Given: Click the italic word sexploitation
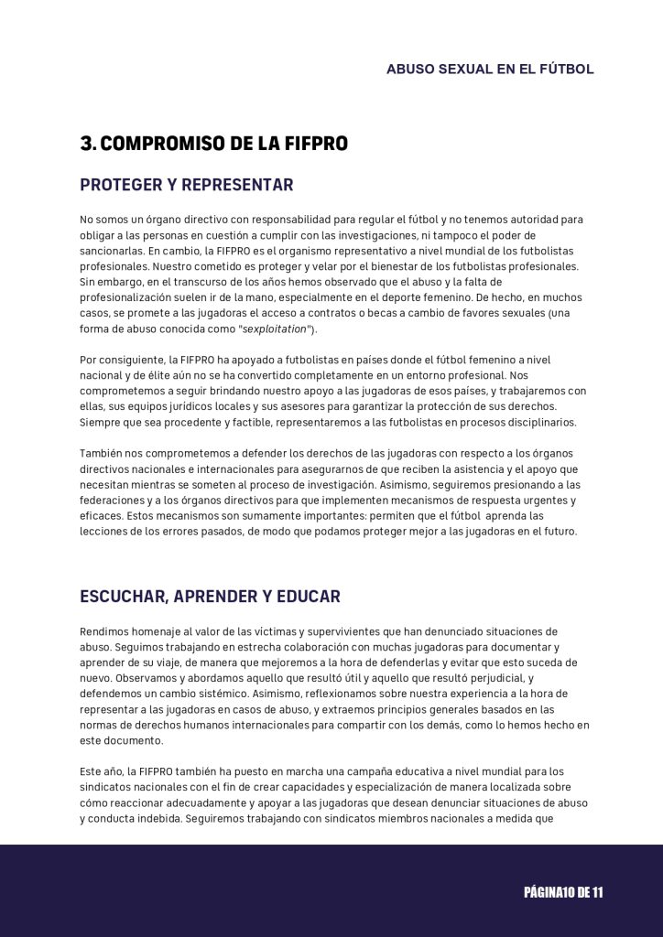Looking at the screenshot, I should pyautogui.click(x=274, y=328).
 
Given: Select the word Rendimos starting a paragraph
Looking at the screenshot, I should pyautogui.click(x=106, y=631).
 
